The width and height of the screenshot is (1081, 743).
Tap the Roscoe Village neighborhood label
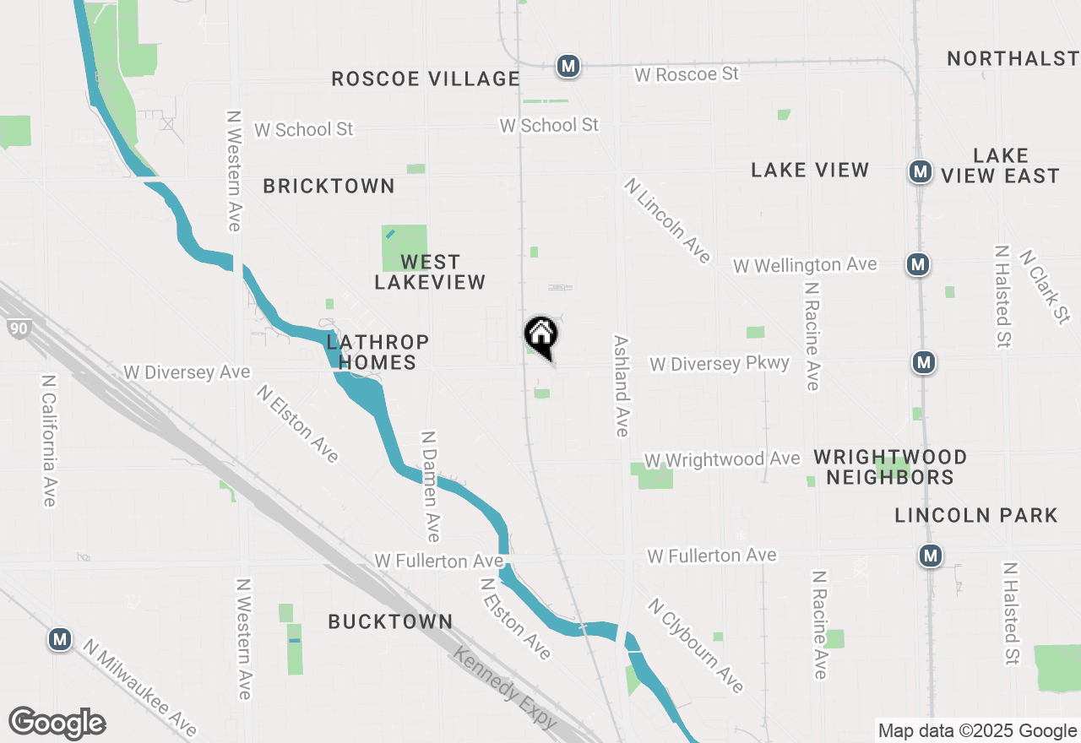tap(425, 79)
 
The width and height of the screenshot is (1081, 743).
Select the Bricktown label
tap(329, 186)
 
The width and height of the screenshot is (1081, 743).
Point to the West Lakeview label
tap(430, 272)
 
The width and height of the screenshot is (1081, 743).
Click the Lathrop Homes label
tap(378, 352)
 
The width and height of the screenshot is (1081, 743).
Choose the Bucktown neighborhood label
tap(390, 621)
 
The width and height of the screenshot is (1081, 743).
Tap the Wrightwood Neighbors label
tap(890, 467)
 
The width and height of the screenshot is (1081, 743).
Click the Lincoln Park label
tap(975, 515)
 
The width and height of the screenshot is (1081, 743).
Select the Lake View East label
tap(1000, 165)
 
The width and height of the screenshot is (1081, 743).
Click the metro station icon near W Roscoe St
tap(568, 65)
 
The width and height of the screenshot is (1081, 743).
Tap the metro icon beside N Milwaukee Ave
tap(59, 639)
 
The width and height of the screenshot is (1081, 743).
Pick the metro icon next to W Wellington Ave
tap(918, 264)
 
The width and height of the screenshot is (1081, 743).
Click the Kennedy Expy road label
tap(505, 687)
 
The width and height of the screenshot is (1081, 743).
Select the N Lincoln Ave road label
tap(668, 220)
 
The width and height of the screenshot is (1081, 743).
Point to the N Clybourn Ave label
tap(697, 645)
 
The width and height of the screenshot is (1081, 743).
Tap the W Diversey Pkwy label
tap(719, 363)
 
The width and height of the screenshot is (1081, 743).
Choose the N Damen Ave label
tap(431, 486)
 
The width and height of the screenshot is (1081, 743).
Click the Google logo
tap(57, 723)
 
